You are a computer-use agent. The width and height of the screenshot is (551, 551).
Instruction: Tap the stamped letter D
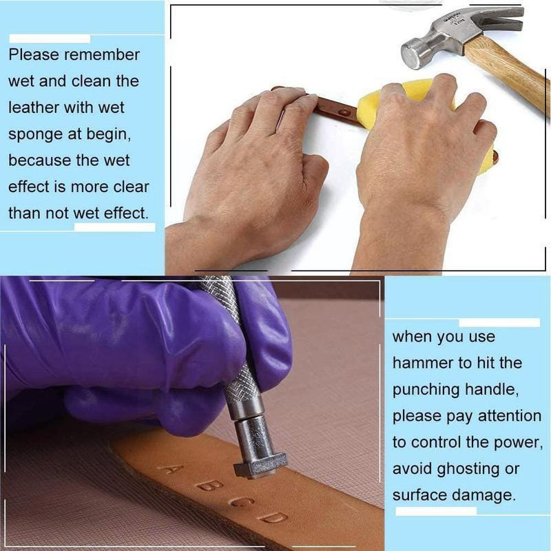272,517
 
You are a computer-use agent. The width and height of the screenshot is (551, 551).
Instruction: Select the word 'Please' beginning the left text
34,55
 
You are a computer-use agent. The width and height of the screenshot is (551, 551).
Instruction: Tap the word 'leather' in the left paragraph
34,107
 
